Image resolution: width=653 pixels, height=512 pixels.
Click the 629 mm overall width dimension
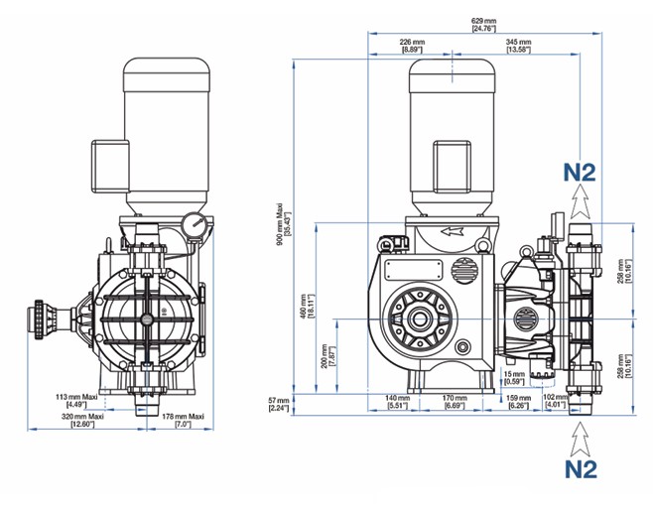tap(484, 25)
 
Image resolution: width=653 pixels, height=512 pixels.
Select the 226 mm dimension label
tap(412, 46)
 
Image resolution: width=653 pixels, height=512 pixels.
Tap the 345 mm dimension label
tap(518, 46)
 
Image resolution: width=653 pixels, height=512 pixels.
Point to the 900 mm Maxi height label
tap(284, 224)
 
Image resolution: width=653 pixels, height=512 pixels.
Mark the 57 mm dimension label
tap(279, 404)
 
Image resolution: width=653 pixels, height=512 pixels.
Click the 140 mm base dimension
tap(397, 402)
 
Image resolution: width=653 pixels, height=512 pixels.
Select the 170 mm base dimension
tap(455, 402)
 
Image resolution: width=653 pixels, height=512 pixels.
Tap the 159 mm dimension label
tap(519, 402)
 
